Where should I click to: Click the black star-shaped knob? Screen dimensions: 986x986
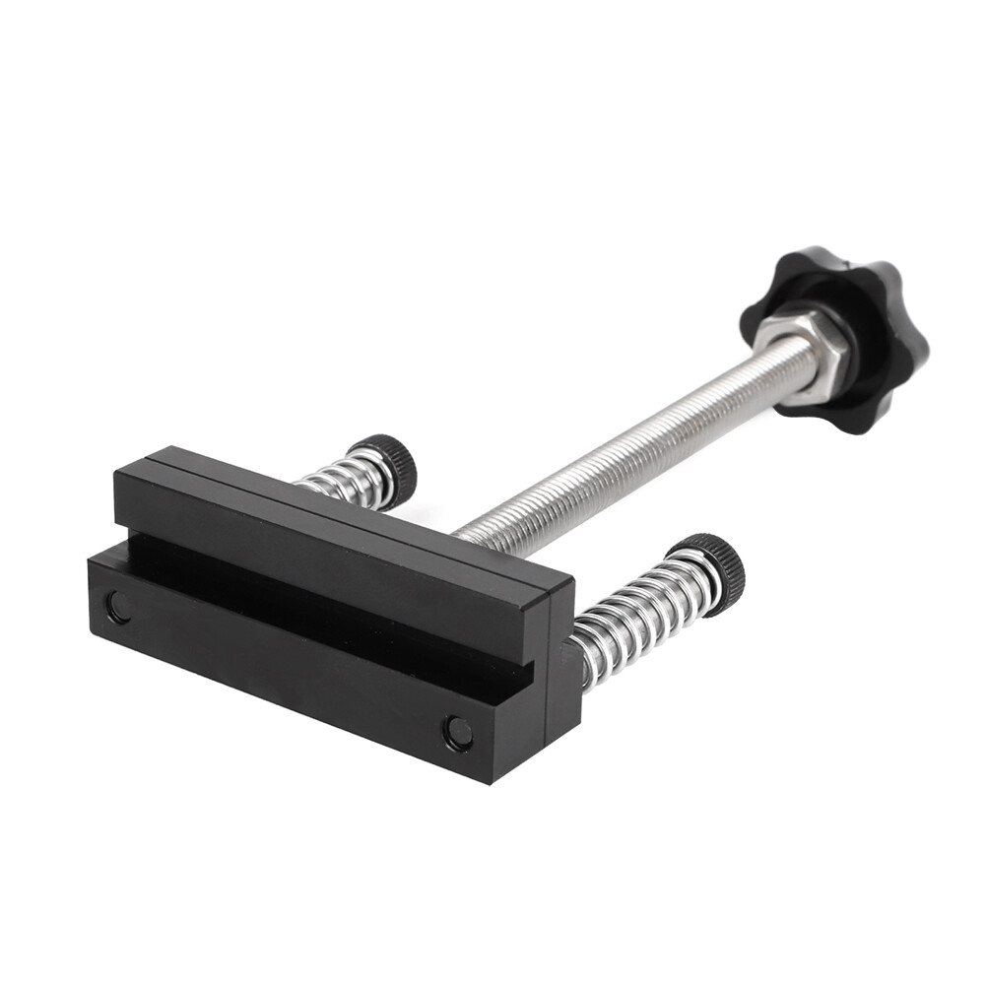(867, 296)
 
